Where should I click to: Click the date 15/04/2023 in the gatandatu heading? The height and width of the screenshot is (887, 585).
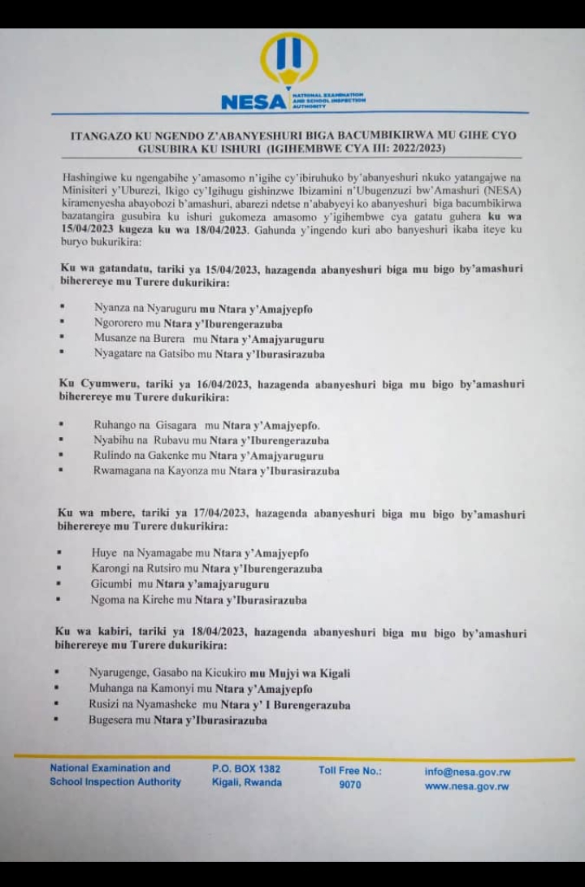202,269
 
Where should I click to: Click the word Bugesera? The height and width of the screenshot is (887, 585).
112,720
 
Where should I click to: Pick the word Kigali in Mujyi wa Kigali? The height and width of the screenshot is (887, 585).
335,673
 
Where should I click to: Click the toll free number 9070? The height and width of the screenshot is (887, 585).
350,785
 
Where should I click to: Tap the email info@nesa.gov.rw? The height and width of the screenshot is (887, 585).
467,772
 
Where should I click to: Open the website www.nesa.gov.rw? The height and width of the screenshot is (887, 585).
467,786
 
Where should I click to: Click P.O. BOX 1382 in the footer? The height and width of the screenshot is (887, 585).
246,768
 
